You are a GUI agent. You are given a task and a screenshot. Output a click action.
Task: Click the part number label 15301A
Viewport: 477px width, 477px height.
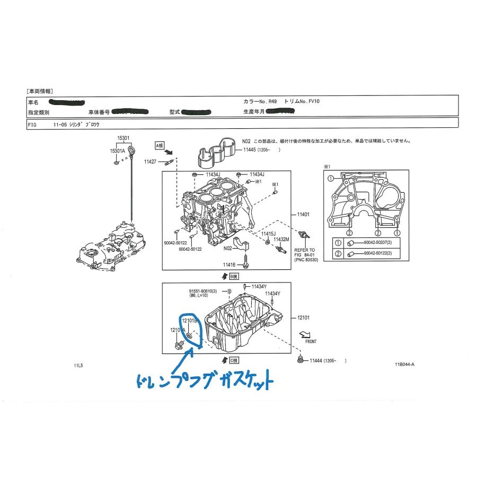click(117, 151)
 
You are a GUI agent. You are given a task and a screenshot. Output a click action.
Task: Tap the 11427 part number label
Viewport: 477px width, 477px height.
click(150, 161)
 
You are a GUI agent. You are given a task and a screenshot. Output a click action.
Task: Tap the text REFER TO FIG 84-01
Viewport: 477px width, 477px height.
click(305, 253)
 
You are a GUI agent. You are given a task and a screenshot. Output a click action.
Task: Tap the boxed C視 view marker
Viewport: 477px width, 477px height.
click(232, 360)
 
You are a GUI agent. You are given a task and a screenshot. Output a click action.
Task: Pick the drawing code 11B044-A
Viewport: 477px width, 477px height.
click(404, 365)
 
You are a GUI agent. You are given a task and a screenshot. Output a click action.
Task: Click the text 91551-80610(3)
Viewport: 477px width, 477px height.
click(204, 291)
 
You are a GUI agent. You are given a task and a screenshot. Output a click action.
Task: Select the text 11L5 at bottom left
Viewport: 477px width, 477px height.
click(78, 365)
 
